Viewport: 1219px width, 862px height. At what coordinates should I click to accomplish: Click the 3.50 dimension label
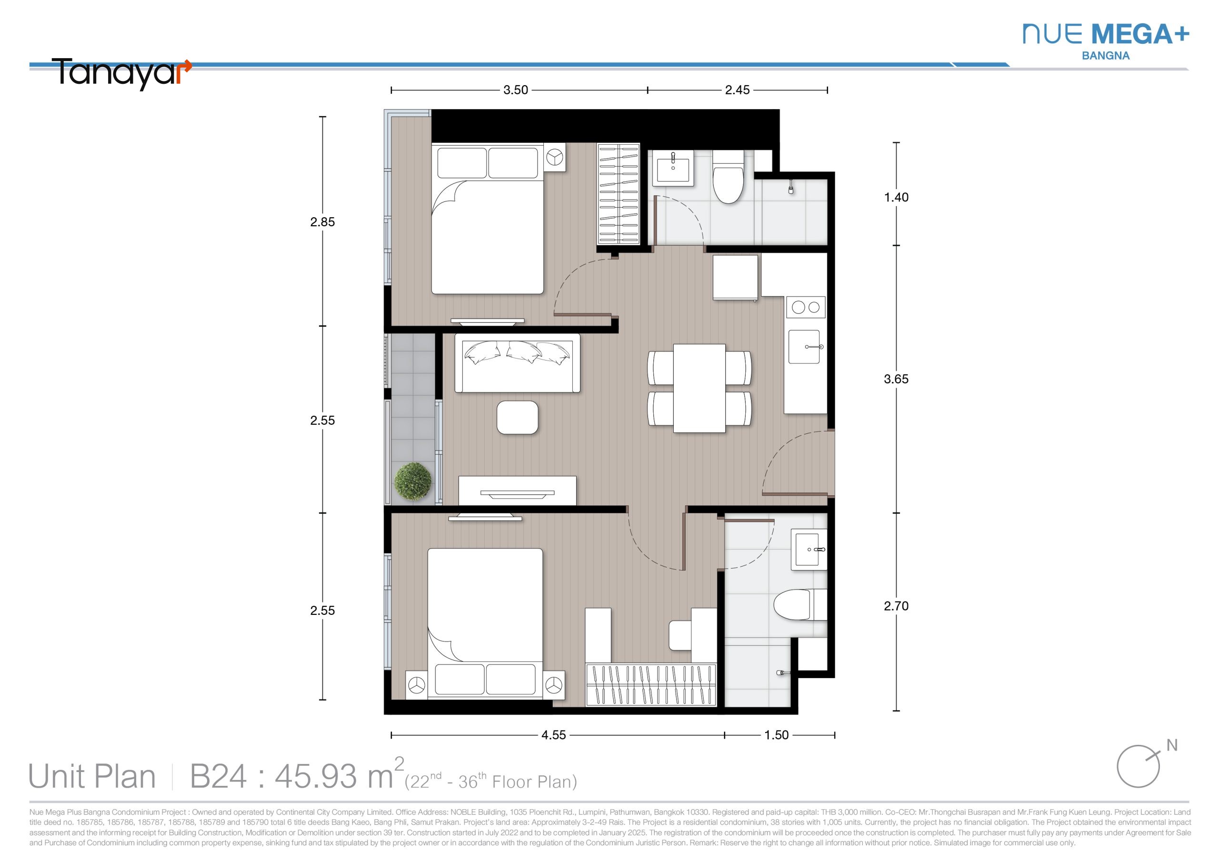point(516,90)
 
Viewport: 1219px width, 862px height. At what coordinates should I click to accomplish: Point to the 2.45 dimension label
point(738,90)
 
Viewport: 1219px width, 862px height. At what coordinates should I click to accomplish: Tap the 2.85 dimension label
point(322,222)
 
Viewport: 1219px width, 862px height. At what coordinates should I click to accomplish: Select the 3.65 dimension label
point(896,379)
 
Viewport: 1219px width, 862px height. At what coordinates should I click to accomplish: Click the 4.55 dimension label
point(554,735)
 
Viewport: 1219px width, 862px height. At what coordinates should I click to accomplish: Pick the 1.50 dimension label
point(776,735)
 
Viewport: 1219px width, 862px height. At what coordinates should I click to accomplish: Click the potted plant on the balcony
point(413,481)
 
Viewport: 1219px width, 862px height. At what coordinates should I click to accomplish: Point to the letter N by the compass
point(1172,746)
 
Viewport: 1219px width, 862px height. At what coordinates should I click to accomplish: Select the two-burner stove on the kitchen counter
point(805,307)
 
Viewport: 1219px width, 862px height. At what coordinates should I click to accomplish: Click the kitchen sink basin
point(804,347)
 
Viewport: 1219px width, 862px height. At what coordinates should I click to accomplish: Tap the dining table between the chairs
point(699,388)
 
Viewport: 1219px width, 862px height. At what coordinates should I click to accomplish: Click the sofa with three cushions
point(517,363)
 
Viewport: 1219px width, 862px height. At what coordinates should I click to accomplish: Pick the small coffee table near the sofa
point(517,418)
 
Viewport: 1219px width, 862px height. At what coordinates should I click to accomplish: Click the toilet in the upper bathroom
point(728,177)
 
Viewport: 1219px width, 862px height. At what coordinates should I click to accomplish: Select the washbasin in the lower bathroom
point(809,550)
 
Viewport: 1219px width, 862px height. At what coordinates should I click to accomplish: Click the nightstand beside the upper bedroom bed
point(555,158)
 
